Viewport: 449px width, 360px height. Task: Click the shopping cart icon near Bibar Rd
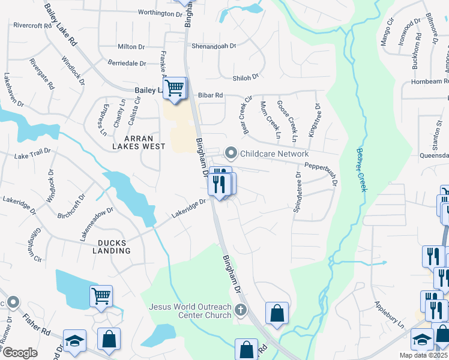175,88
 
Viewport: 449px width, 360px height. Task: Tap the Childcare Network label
274,154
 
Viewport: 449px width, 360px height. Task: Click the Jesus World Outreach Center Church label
190,311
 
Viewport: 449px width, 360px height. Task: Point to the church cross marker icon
241,311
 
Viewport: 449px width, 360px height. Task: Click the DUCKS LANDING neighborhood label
112,247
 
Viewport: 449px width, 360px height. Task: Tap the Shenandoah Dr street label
214,46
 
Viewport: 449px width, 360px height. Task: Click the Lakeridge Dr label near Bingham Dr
188,208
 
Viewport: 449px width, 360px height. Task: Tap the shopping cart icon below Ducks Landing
101,295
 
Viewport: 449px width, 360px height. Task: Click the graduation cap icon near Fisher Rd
74,340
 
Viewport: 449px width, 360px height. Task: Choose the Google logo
20,353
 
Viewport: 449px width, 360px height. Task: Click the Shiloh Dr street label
246,77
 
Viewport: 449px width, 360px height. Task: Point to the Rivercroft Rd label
32,26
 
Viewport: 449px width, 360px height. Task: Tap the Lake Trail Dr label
33,155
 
